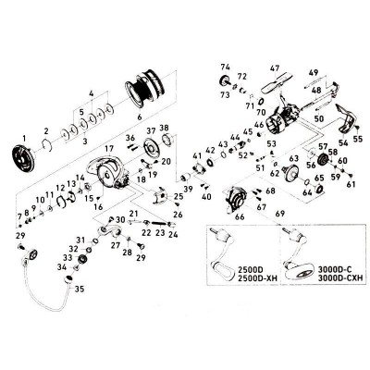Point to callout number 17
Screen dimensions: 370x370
click(x=109, y=148)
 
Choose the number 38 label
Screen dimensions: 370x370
click(x=164, y=128)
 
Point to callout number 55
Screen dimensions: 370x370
click(x=359, y=138)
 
